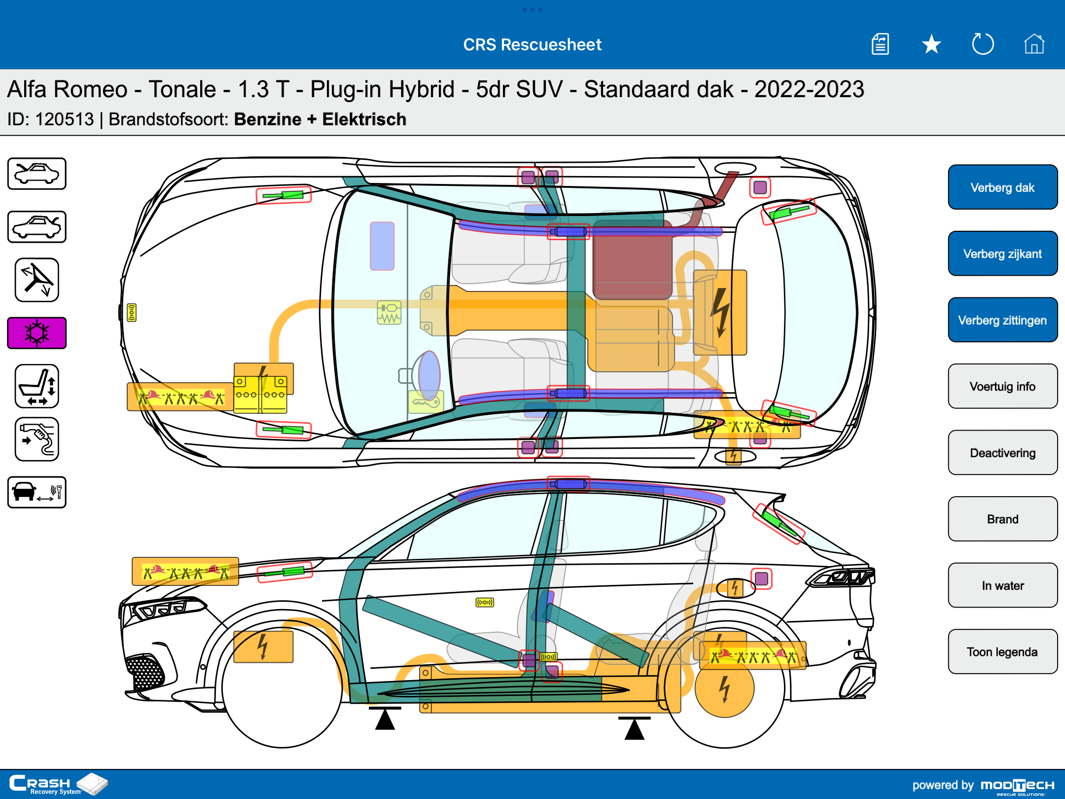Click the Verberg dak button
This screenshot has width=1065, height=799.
click(1002, 187)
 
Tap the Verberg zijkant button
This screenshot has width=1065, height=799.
click(1002, 254)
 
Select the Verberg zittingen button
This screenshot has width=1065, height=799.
click(1002, 320)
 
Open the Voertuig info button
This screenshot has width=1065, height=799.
click(1002, 386)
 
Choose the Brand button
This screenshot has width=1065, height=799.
click(1002, 519)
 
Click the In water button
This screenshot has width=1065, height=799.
click(1002, 585)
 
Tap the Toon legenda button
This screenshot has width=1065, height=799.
click(1002, 652)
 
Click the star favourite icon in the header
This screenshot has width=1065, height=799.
click(931, 44)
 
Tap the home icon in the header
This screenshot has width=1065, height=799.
click(1034, 44)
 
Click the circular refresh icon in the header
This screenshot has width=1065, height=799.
click(983, 44)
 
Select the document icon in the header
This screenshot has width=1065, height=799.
click(880, 44)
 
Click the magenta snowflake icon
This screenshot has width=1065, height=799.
click(37, 333)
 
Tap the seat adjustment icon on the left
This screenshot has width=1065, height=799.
click(37, 386)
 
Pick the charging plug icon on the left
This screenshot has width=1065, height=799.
click(37, 439)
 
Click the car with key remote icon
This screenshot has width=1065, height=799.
click(37, 492)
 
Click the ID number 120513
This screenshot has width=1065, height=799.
click(65, 119)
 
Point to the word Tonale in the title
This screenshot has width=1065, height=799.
click(182, 89)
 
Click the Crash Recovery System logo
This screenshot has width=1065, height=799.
click(58, 784)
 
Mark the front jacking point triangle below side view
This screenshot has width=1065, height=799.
click(385, 719)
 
